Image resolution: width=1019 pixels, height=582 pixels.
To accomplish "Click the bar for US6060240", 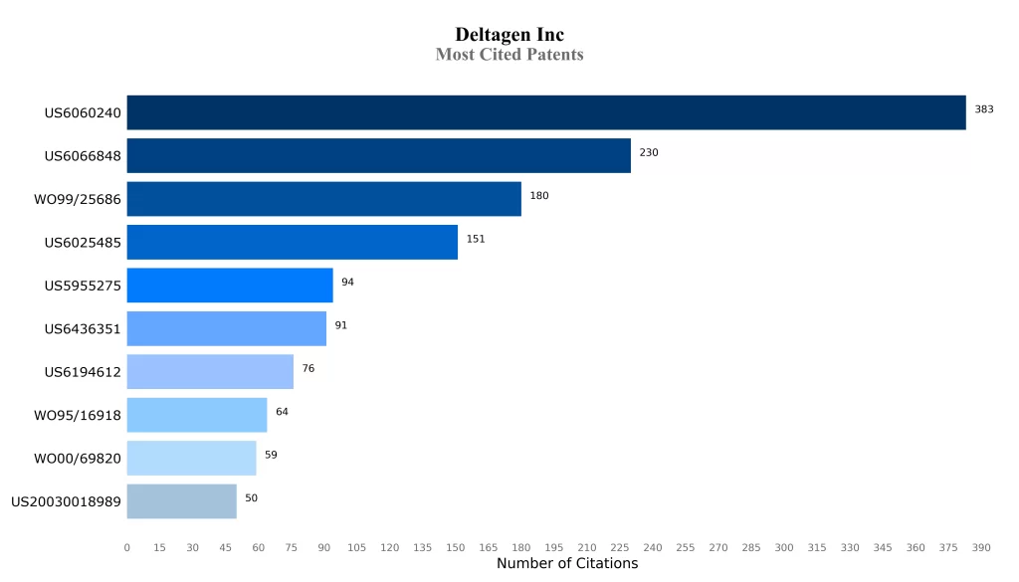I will pos(546,112).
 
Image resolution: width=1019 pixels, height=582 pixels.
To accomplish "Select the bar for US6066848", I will pos(379,156).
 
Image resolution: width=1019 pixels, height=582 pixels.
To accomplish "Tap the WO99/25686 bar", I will pos(324,199).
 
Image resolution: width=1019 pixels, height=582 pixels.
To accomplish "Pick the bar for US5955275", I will pos(230,286).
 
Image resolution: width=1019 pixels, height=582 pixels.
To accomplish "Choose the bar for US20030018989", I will pos(182,501).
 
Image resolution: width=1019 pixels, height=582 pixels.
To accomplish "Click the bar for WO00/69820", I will pos(192,458).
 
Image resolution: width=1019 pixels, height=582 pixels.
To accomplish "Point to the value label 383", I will pos(984,109).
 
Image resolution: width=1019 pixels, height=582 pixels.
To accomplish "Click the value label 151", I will pos(476,239).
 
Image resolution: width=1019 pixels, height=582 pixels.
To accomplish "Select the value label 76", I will pos(308,368).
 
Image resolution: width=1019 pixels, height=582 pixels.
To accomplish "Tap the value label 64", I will pos(282,412).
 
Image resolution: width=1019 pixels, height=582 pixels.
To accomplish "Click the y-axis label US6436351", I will pos(83,329).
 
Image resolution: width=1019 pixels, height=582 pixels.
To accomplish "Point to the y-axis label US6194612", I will pos(83,372).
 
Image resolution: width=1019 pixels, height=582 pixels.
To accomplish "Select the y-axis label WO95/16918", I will pos(78,416).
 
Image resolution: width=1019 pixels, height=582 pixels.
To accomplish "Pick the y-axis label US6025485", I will pos(83,243).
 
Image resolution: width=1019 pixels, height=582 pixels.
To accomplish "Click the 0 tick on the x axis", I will pos(126,548).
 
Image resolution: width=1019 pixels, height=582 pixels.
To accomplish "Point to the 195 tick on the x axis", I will pos(554,548).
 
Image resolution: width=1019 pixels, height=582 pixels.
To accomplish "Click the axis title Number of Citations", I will pos(567,564).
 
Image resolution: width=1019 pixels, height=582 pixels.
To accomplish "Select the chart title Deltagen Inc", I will pos(509,35).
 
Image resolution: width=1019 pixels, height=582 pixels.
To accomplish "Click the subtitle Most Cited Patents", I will pos(509,55).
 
